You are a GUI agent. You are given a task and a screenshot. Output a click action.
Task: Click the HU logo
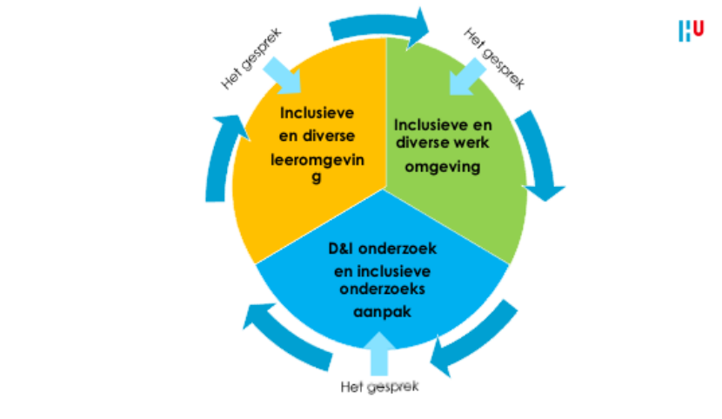pyautogui.click(x=691, y=30)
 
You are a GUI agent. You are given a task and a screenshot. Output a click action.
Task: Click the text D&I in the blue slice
pyautogui.click(x=343, y=249)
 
